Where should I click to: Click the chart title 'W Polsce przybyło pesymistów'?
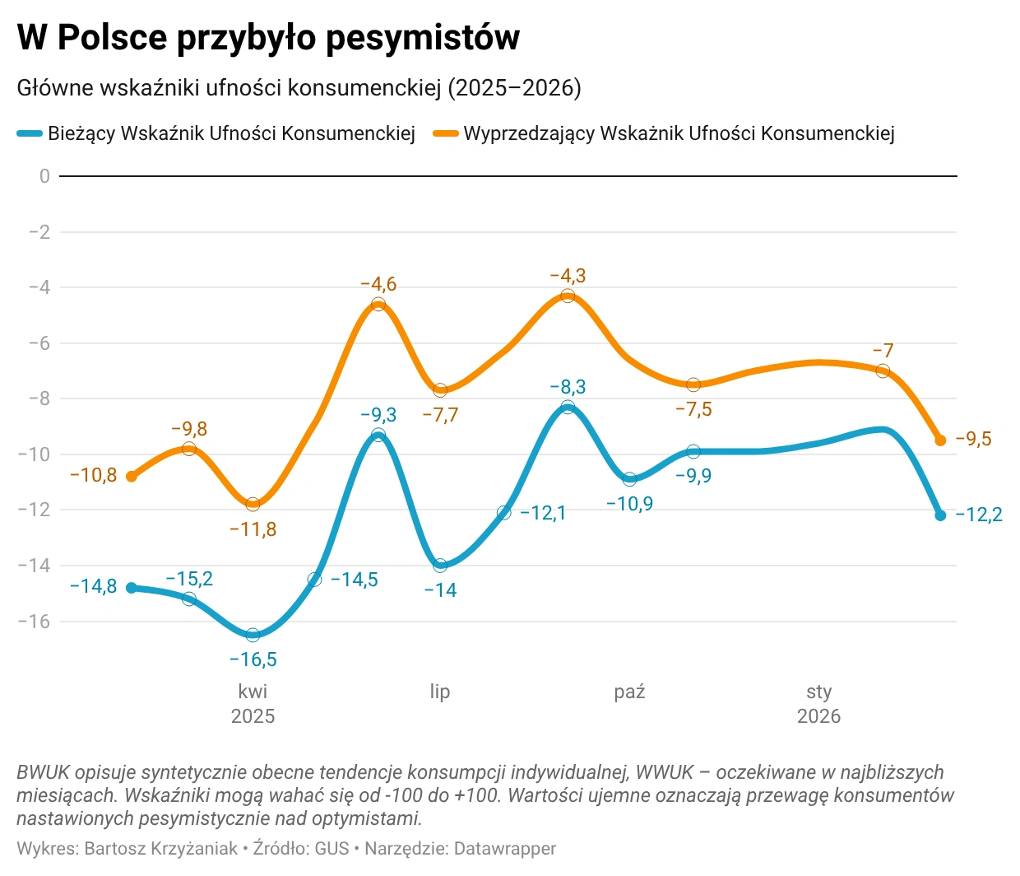tap(268, 38)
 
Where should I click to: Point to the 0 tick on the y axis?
tap(44, 176)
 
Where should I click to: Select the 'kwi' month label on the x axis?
tap(253, 692)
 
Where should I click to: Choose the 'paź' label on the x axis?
tap(629, 692)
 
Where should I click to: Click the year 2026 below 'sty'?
tap(818, 716)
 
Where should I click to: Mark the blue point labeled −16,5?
tap(253, 635)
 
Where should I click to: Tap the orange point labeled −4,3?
tap(568, 296)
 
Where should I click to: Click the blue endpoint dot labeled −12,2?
tap(940, 515)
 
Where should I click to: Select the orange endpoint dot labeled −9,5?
tap(940, 440)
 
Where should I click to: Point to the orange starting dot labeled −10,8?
tap(132, 476)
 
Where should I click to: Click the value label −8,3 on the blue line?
tap(568, 387)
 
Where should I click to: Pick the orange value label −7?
tap(883, 351)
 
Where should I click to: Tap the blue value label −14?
tap(440, 590)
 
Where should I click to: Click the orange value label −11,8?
tap(253, 529)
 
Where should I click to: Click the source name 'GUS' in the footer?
tap(332, 848)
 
